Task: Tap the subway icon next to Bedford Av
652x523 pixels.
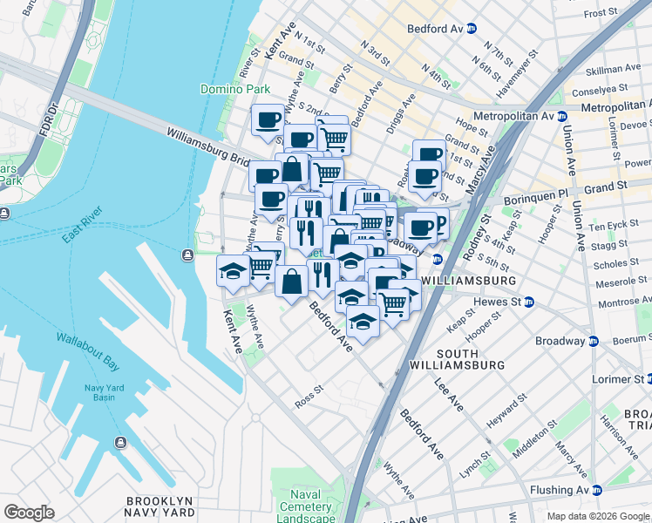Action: (472, 29)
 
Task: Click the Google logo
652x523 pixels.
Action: (30, 512)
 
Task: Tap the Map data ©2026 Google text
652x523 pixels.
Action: (597, 516)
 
